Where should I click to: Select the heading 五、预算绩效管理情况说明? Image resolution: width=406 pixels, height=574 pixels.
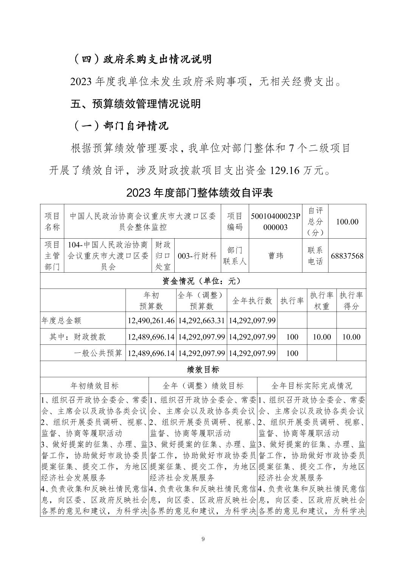coord(135,104)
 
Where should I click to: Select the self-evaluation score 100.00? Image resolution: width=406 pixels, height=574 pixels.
coord(347,222)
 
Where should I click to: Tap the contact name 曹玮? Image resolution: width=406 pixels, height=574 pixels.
coord(275,256)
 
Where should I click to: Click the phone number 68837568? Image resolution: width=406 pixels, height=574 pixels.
coord(347,256)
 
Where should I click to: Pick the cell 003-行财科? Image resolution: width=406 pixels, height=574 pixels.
coord(200,256)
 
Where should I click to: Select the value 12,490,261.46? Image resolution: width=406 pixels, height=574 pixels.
coord(151,321)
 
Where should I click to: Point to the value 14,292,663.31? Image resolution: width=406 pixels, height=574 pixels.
coord(201,321)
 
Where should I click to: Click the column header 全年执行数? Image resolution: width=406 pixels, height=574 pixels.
coord(252,301)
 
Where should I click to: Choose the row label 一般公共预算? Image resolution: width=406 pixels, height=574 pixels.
coord(98,353)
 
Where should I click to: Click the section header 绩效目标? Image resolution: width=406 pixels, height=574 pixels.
coord(203,369)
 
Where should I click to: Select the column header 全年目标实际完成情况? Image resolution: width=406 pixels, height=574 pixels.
coord(311,386)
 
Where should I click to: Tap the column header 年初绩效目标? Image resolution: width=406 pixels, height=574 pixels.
coord(95,386)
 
